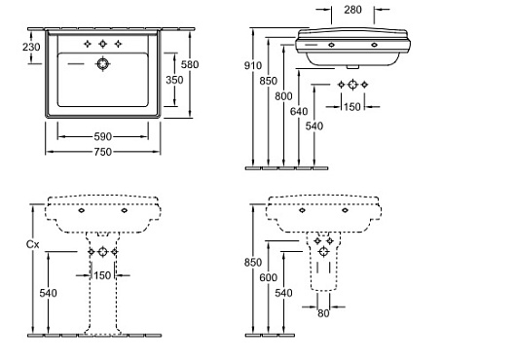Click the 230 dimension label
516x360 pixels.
coord(31,47)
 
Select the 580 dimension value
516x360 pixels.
coord(190,64)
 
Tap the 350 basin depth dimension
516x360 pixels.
coord(174,80)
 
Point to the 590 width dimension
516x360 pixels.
coord(102,136)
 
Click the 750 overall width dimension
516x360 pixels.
coord(102,152)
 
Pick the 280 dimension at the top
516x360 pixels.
coord(352,10)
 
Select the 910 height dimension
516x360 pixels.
coord(253,66)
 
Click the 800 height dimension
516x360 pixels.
coord(283,96)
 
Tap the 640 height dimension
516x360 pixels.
coord(299,112)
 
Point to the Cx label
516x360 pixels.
coord(32,244)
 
